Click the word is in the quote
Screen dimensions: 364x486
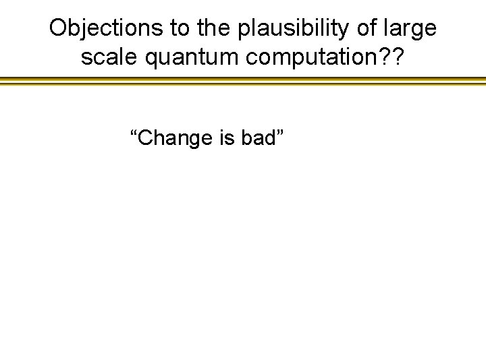point(226,138)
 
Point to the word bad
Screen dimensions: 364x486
point(257,138)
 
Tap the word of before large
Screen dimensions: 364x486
point(366,28)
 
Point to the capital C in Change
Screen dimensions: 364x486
point(146,138)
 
